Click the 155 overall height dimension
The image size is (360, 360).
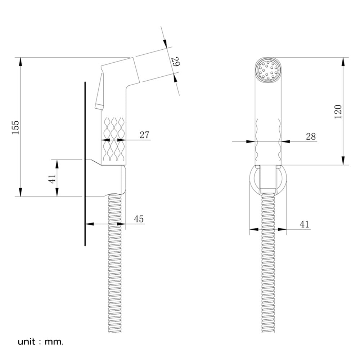[15, 127]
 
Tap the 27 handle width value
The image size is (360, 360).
[144, 135]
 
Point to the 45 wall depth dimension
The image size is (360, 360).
[139, 219]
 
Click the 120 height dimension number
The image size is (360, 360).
[338, 112]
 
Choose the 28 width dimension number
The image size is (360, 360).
[311, 136]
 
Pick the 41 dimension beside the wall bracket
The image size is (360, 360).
[52, 179]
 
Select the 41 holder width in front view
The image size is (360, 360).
[305, 224]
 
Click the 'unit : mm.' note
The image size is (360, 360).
[40, 342]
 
